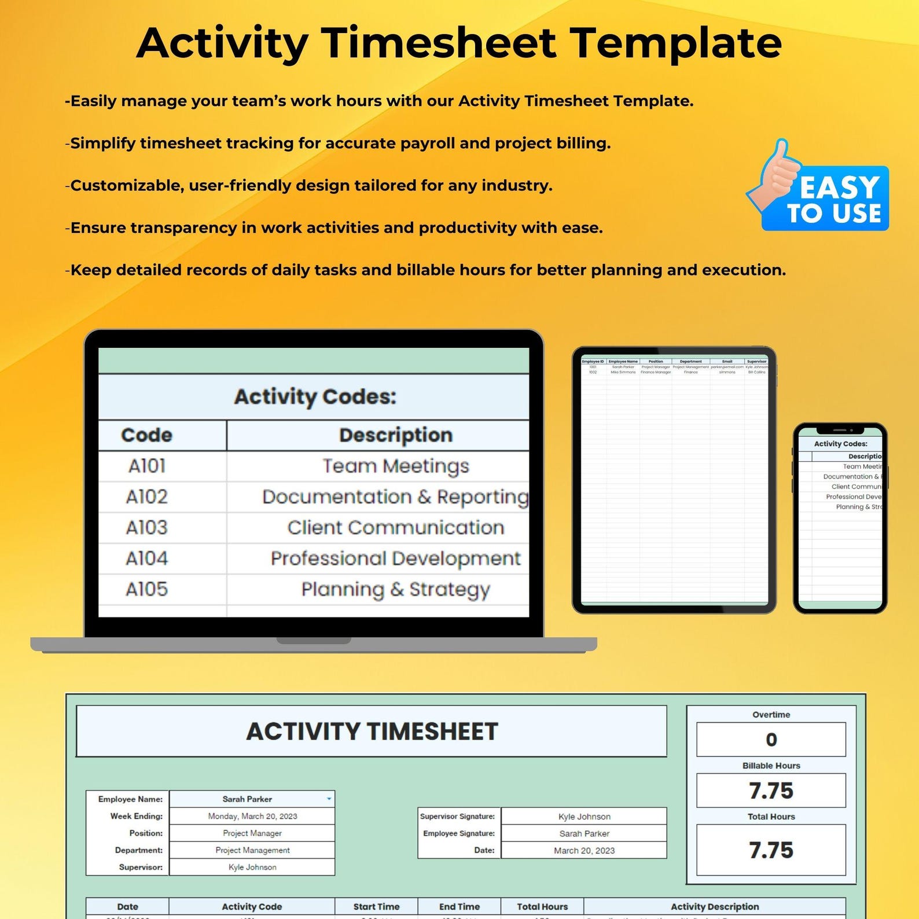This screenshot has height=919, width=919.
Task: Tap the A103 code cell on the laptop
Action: click(x=147, y=528)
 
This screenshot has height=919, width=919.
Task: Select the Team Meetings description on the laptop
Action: click(x=395, y=466)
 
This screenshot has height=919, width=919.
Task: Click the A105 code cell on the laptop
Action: click(x=147, y=589)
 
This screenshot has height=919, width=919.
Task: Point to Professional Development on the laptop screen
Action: click(x=395, y=558)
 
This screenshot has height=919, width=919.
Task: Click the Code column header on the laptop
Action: click(x=147, y=435)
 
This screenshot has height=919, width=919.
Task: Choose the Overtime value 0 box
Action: click(x=771, y=740)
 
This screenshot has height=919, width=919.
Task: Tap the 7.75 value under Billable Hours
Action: click(x=771, y=791)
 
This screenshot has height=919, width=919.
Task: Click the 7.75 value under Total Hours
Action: click(x=771, y=850)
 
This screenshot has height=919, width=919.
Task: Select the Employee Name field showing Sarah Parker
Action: click(x=247, y=799)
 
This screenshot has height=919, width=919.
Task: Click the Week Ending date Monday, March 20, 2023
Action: click(x=252, y=817)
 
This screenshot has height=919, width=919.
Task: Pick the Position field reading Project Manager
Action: click(x=252, y=833)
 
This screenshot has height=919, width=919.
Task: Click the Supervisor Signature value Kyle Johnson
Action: click(x=584, y=817)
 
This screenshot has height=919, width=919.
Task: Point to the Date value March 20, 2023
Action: click(x=584, y=851)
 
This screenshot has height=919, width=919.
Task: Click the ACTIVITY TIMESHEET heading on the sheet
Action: click(x=372, y=731)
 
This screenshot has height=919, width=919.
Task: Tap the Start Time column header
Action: click(x=376, y=907)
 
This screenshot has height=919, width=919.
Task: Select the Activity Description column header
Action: click(x=715, y=907)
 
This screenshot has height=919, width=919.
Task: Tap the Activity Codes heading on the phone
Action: click(x=840, y=444)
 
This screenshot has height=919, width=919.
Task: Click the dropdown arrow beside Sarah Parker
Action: click(x=329, y=799)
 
